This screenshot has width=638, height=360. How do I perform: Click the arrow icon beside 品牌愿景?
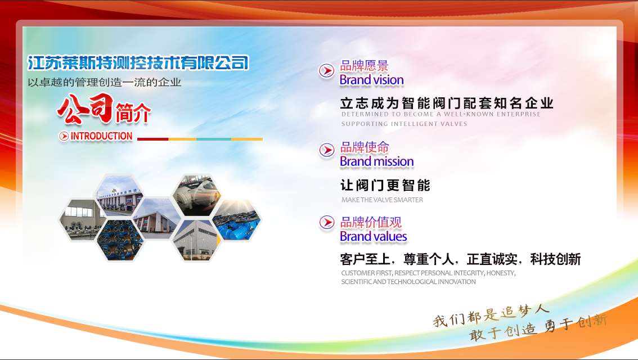[326, 71]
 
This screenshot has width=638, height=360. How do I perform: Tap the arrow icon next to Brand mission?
[327, 150]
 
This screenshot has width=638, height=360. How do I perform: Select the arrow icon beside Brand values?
[327, 223]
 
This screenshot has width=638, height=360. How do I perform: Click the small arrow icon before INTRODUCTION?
[64, 136]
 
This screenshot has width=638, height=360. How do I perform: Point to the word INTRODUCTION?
[102, 136]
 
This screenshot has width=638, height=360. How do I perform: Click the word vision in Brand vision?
[386, 80]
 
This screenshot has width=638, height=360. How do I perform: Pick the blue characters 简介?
[133, 112]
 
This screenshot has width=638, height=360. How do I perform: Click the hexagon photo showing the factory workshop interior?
[80, 219]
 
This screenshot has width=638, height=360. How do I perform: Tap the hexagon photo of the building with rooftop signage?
[119, 197]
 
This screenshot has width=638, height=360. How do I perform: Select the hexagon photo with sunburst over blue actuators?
[236, 220]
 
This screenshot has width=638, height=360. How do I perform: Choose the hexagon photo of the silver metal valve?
[197, 196]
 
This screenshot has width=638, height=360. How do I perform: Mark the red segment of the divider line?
[153, 139]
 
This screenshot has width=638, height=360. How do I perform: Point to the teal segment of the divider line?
[214, 139]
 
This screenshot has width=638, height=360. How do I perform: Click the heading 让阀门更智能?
[385, 186]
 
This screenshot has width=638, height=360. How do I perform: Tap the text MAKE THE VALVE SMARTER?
[382, 200]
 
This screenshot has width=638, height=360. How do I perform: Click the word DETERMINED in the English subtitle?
[365, 114]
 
